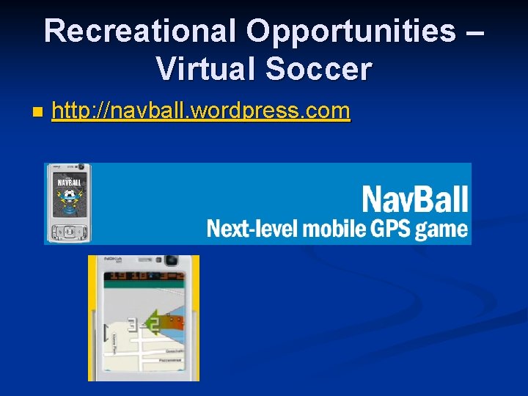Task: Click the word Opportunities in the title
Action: tap(351, 32)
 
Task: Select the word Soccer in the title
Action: tap(319, 70)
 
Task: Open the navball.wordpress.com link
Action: tap(202, 111)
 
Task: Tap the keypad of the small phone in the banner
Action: tap(68, 232)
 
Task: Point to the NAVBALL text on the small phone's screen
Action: tap(68, 181)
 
